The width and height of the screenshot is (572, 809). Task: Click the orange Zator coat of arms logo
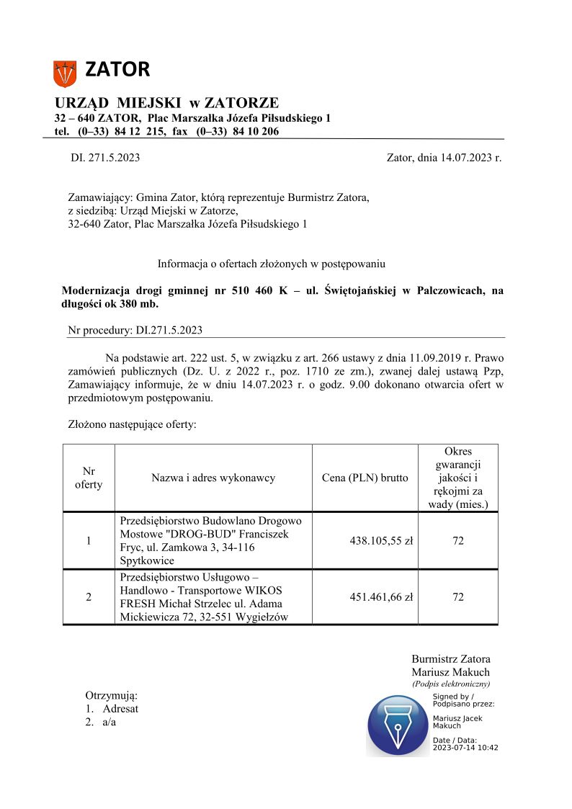click(65, 73)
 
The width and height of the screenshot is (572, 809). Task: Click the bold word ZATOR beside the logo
click(117, 70)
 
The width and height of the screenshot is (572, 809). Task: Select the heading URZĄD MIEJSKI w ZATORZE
click(166, 103)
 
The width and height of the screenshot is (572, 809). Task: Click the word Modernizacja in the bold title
click(95, 291)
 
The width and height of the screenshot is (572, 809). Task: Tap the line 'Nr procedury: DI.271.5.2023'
click(135, 331)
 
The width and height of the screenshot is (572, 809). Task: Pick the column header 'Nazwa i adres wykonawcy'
click(213, 478)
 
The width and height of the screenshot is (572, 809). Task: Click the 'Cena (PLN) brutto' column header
click(365, 478)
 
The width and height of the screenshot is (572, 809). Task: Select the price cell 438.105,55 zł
click(381, 540)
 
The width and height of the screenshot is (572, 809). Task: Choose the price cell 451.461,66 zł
click(381, 596)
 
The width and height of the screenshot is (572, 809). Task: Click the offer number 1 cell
click(89, 540)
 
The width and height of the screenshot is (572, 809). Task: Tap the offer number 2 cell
click(89, 596)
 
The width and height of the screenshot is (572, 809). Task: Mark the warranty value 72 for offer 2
click(458, 596)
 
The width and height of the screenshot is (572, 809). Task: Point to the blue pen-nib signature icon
click(398, 725)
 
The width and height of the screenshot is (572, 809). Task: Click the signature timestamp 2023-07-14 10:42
click(465, 747)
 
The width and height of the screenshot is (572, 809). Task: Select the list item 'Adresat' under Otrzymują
click(120, 708)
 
